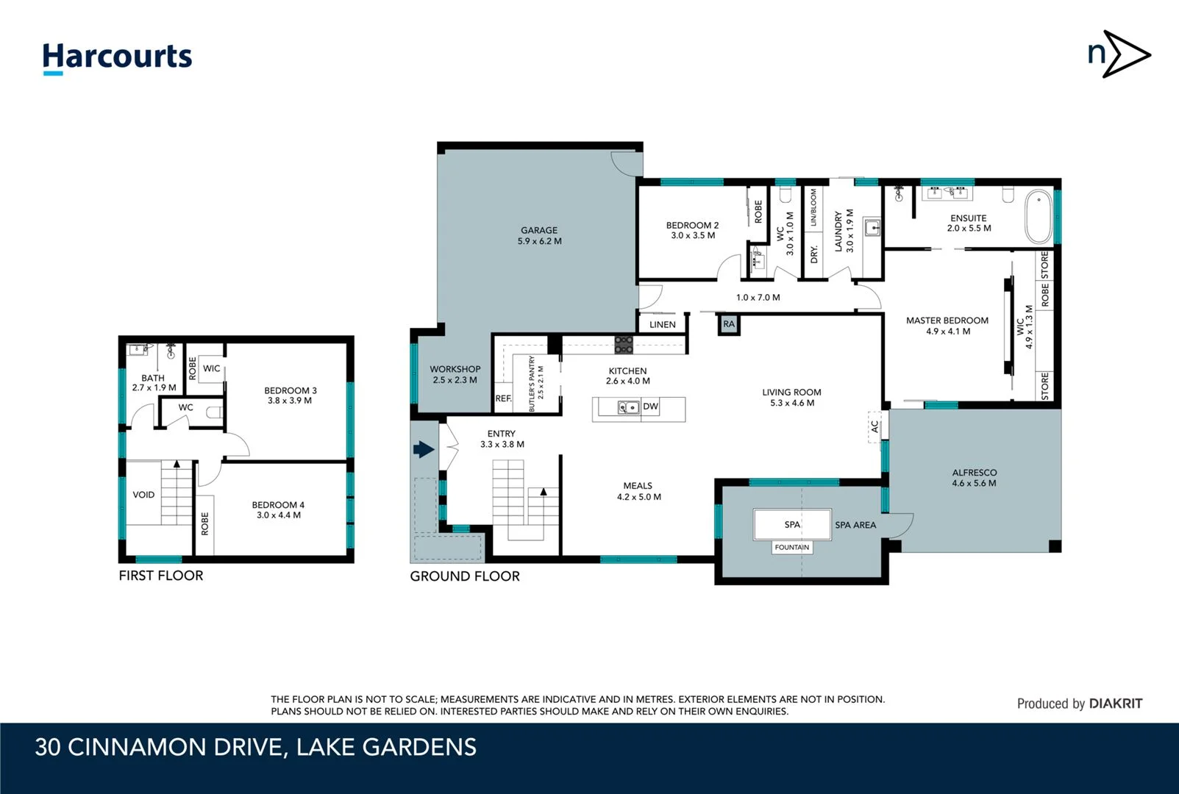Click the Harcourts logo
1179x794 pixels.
[117, 57]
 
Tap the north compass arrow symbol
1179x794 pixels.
[1119, 54]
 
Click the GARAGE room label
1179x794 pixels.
[539, 230]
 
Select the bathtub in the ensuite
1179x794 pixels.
[1039, 217]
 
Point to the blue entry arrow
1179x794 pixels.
[424, 449]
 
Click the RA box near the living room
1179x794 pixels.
[728, 324]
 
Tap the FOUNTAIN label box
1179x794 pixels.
[791, 548]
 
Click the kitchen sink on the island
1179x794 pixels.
[628, 407]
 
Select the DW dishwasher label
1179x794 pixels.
[650, 407]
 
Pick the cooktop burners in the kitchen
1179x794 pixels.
[624, 344]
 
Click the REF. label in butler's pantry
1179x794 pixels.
[503, 398]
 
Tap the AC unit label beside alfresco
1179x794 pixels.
[875, 426]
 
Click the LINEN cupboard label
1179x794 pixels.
[662, 324]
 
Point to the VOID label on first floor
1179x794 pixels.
[143, 495]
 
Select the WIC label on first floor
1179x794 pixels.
[211, 368]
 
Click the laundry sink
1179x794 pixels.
[872, 228]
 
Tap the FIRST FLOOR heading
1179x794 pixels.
[160, 576]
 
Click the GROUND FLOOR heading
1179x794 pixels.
[464, 576]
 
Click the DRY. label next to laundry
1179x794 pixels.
[813, 254]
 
